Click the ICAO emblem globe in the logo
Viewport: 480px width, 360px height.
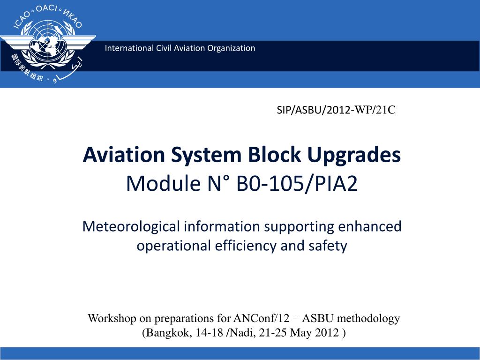(x=48, y=39)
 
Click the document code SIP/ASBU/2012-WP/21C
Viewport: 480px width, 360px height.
(x=336, y=110)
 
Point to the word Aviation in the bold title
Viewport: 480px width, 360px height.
(x=124, y=155)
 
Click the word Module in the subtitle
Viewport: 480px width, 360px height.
(x=163, y=183)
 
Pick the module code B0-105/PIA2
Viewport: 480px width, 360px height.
(x=297, y=183)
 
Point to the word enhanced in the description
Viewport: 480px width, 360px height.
(x=369, y=226)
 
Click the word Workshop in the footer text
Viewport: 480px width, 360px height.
(x=112, y=319)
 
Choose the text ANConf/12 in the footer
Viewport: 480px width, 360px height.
(x=261, y=318)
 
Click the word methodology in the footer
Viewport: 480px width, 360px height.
(x=368, y=319)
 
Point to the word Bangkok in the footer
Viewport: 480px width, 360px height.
(x=167, y=333)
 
